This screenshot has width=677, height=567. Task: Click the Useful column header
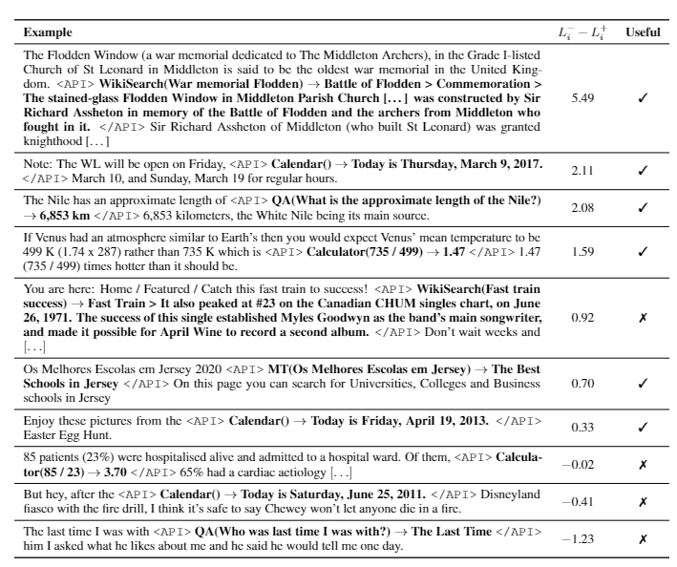tap(643, 31)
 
